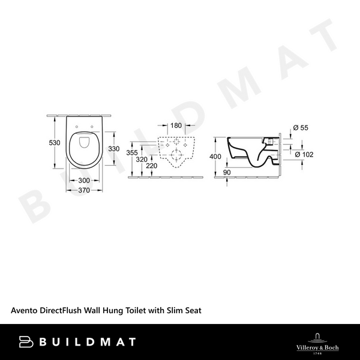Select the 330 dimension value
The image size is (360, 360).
(114, 149)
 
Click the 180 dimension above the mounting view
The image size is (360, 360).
(176, 125)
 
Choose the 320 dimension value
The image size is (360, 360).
(142, 160)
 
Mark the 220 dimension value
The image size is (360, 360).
(152, 166)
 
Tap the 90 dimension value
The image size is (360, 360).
(227, 173)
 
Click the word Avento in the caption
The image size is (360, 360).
(25, 311)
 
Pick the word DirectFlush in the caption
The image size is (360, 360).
(65, 311)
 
